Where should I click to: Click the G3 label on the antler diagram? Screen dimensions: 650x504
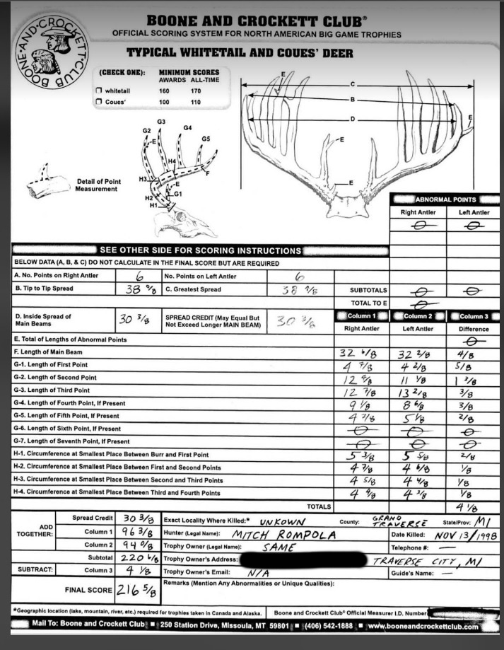click(x=161, y=122)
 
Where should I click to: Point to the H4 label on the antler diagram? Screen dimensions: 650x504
click(x=172, y=162)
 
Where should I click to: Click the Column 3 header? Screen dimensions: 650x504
click(x=473, y=316)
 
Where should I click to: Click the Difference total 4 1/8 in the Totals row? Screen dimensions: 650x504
click(x=471, y=506)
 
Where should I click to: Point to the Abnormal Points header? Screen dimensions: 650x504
click(x=446, y=199)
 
